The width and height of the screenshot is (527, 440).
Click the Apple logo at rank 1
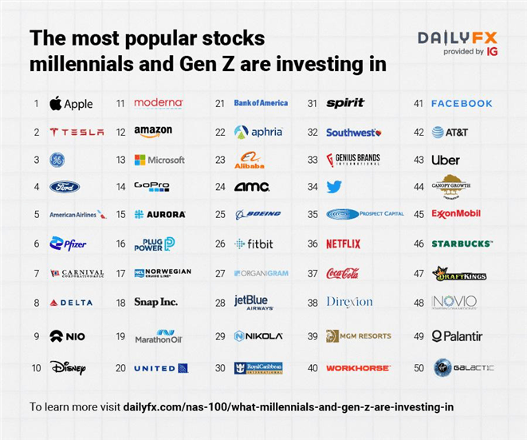click(70, 103)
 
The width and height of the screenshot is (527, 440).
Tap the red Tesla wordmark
click(77, 132)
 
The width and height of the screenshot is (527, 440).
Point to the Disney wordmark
click(68, 368)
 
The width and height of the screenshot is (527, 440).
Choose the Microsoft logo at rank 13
click(159, 160)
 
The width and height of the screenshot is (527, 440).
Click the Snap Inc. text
click(155, 302)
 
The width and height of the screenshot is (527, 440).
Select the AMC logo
click(252, 187)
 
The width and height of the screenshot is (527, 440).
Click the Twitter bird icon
click(334, 187)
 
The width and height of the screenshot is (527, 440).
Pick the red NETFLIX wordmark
click(343, 244)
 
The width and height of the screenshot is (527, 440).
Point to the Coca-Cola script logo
click(343, 273)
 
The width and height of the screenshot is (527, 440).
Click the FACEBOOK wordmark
click(462, 103)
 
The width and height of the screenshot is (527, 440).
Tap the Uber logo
click(446, 160)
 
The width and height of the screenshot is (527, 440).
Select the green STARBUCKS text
click(462, 244)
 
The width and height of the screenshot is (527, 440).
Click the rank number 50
click(418, 368)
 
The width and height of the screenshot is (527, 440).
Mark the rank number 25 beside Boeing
click(220, 214)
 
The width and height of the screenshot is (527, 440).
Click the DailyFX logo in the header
click(458, 38)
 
